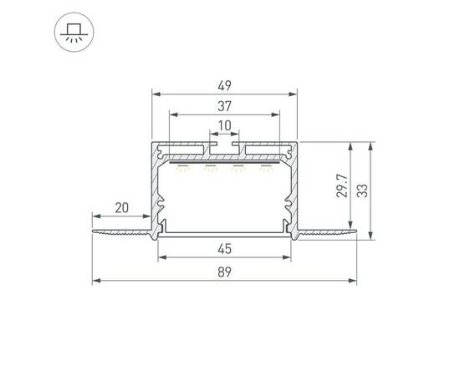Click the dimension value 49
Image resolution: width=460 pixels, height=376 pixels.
click(224, 84)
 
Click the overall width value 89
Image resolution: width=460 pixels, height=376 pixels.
click(224, 272)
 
